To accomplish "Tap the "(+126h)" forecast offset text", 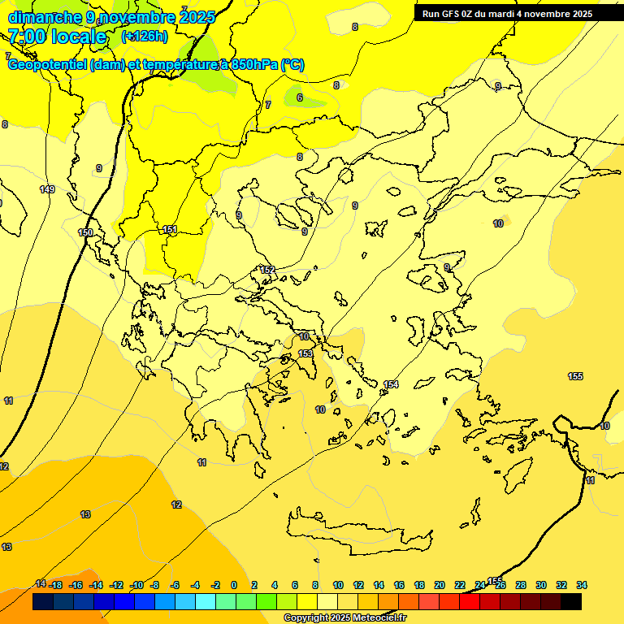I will pyautogui.click(x=144, y=36).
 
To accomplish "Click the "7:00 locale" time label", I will pyautogui.click(x=57, y=37).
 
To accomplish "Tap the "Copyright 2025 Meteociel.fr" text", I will pyautogui.click(x=344, y=618).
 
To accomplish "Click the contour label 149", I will pyautogui.click(x=47, y=189).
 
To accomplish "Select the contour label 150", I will pyautogui.click(x=85, y=232).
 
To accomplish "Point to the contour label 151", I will pyautogui.click(x=170, y=230).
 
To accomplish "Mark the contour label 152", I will pyautogui.click(x=267, y=270).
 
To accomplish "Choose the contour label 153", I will pyautogui.click(x=305, y=353).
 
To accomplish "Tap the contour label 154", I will pyautogui.click(x=391, y=384).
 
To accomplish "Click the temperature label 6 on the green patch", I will pyautogui.click(x=299, y=97).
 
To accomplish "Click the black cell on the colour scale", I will pyautogui.click(x=571, y=602).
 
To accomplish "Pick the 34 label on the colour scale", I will pyautogui.click(x=582, y=585).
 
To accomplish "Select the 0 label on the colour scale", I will pyautogui.click(x=234, y=585).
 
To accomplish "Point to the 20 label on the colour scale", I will pyautogui.click(x=440, y=585).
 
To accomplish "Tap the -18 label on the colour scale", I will pyautogui.click(x=56, y=585).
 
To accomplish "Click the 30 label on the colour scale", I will pyautogui.click(x=541, y=585).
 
